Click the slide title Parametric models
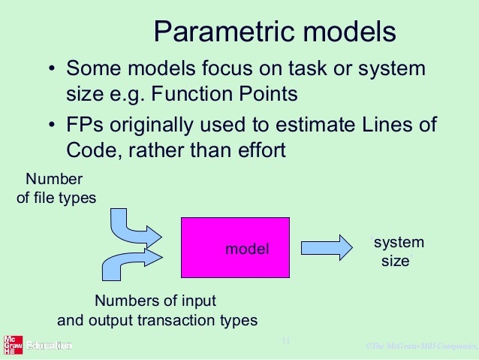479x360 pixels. [x=274, y=32]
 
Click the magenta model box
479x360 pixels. [x=235, y=247]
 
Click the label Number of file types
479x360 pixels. [x=56, y=189]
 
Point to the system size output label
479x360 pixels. [x=398, y=252]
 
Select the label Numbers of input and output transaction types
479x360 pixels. [x=157, y=310]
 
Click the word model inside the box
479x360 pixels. [x=247, y=249]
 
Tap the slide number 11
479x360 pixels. [x=285, y=341]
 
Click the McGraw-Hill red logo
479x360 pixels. [x=11, y=345]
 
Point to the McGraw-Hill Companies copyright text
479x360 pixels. [x=420, y=346]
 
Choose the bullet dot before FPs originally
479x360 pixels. [x=52, y=126]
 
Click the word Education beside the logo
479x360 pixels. [x=49, y=346]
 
